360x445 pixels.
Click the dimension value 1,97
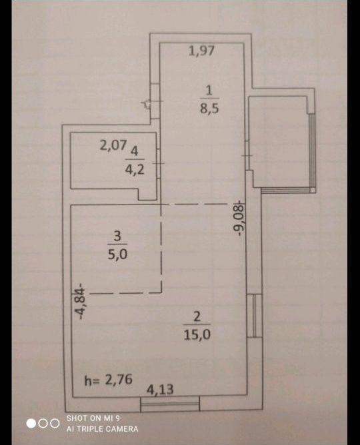201,51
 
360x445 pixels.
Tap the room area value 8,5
209,108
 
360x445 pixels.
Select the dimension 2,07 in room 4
113,145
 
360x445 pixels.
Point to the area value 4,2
135,170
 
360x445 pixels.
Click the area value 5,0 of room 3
117,254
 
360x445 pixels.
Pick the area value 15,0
197,335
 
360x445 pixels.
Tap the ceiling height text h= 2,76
109,380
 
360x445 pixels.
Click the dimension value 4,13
160,389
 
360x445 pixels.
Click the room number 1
209,91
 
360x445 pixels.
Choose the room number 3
117,236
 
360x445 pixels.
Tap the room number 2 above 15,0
197,316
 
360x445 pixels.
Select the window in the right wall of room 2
255,315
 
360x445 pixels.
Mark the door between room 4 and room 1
159,163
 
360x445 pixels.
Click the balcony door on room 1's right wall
247,155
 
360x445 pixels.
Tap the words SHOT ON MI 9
93,418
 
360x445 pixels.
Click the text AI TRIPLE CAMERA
103,428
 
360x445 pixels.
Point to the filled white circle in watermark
31,424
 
